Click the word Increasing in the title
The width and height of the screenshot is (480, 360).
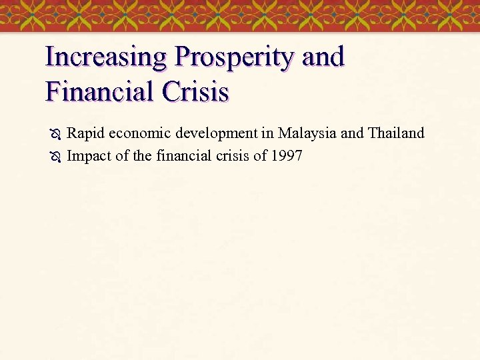(x=106, y=58)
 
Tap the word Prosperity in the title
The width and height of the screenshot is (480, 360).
(x=234, y=58)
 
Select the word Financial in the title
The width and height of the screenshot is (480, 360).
(x=97, y=91)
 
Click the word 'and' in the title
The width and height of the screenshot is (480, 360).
(x=323, y=58)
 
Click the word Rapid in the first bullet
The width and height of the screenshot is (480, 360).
(x=85, y=133)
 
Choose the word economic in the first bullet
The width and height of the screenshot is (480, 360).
(x=139, y=133)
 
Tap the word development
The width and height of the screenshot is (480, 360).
(x=216, y=134)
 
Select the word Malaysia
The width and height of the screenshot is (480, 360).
(x=307, y=134)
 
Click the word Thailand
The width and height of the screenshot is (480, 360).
(x=396, y=133)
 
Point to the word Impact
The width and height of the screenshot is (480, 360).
(x=89, y=157)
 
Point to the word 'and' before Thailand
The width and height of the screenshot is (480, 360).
(x=352, y=133)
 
